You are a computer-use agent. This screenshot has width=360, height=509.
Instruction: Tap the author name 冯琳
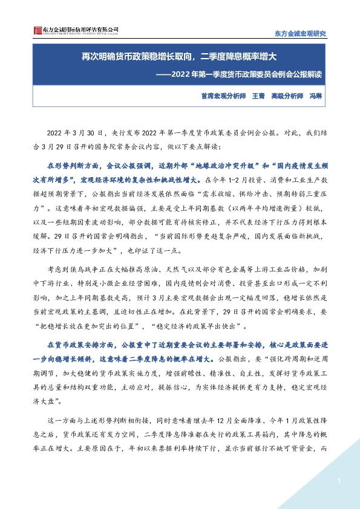point(316,96)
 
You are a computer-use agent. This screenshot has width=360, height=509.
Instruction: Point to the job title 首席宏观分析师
point(223,96)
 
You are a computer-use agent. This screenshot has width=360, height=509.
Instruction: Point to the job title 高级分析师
point(287,96)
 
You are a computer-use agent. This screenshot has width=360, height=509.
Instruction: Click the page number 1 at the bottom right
point(340,481)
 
